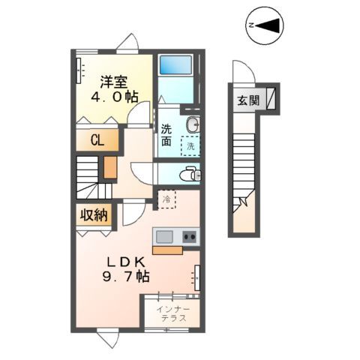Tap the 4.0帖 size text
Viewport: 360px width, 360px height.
(113, 96)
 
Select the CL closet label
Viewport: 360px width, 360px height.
(97, 139)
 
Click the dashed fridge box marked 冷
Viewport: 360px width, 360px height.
(166, 199)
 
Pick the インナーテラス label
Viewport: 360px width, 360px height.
(172, 314)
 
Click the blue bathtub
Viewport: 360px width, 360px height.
(175, 74)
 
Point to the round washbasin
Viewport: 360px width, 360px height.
(192, 124)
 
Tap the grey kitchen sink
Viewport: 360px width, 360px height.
(163, 237)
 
